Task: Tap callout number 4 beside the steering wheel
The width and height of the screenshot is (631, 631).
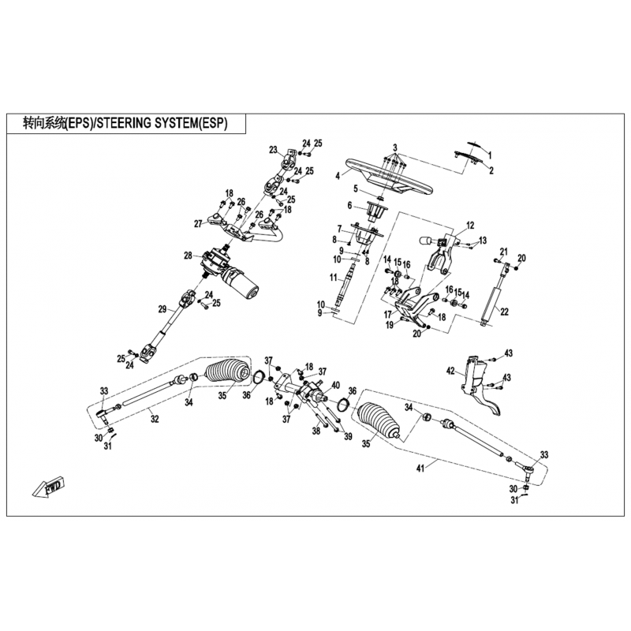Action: (338, 175)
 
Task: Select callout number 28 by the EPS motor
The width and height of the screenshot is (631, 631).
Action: (189, 255)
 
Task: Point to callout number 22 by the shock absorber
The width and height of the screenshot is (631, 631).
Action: (504, 312)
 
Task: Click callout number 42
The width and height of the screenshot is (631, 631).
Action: (450, 371)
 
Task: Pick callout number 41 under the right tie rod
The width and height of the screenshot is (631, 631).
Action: (420, 469)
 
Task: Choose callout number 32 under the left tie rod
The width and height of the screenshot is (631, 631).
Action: (155, 420)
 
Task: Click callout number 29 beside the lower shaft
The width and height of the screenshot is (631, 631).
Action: (162, 309)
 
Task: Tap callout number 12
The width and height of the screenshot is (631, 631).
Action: (470, 226)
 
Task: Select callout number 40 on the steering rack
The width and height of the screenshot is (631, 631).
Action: (335, 385)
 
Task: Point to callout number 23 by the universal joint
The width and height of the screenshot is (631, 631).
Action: (273, 150)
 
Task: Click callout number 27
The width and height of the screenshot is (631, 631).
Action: (198, 224)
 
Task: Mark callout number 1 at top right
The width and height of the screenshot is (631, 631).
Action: (490, 155)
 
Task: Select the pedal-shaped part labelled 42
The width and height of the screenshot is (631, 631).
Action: (481, 383)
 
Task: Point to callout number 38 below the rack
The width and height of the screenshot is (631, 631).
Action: (316, 431)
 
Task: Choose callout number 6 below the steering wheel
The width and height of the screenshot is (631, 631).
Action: (349, 206)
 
